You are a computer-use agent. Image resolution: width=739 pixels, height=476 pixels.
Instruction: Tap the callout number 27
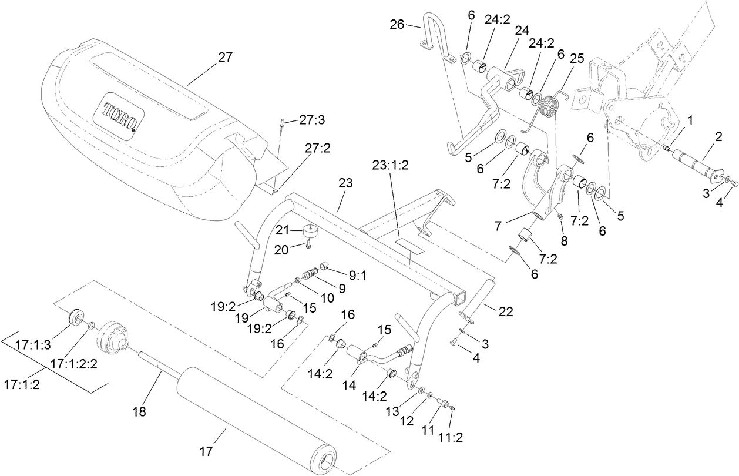tap(225, 58)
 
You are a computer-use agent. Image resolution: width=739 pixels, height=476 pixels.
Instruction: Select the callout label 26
tap(397, 25)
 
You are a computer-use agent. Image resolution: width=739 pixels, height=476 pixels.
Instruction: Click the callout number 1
tap(691, 120)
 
